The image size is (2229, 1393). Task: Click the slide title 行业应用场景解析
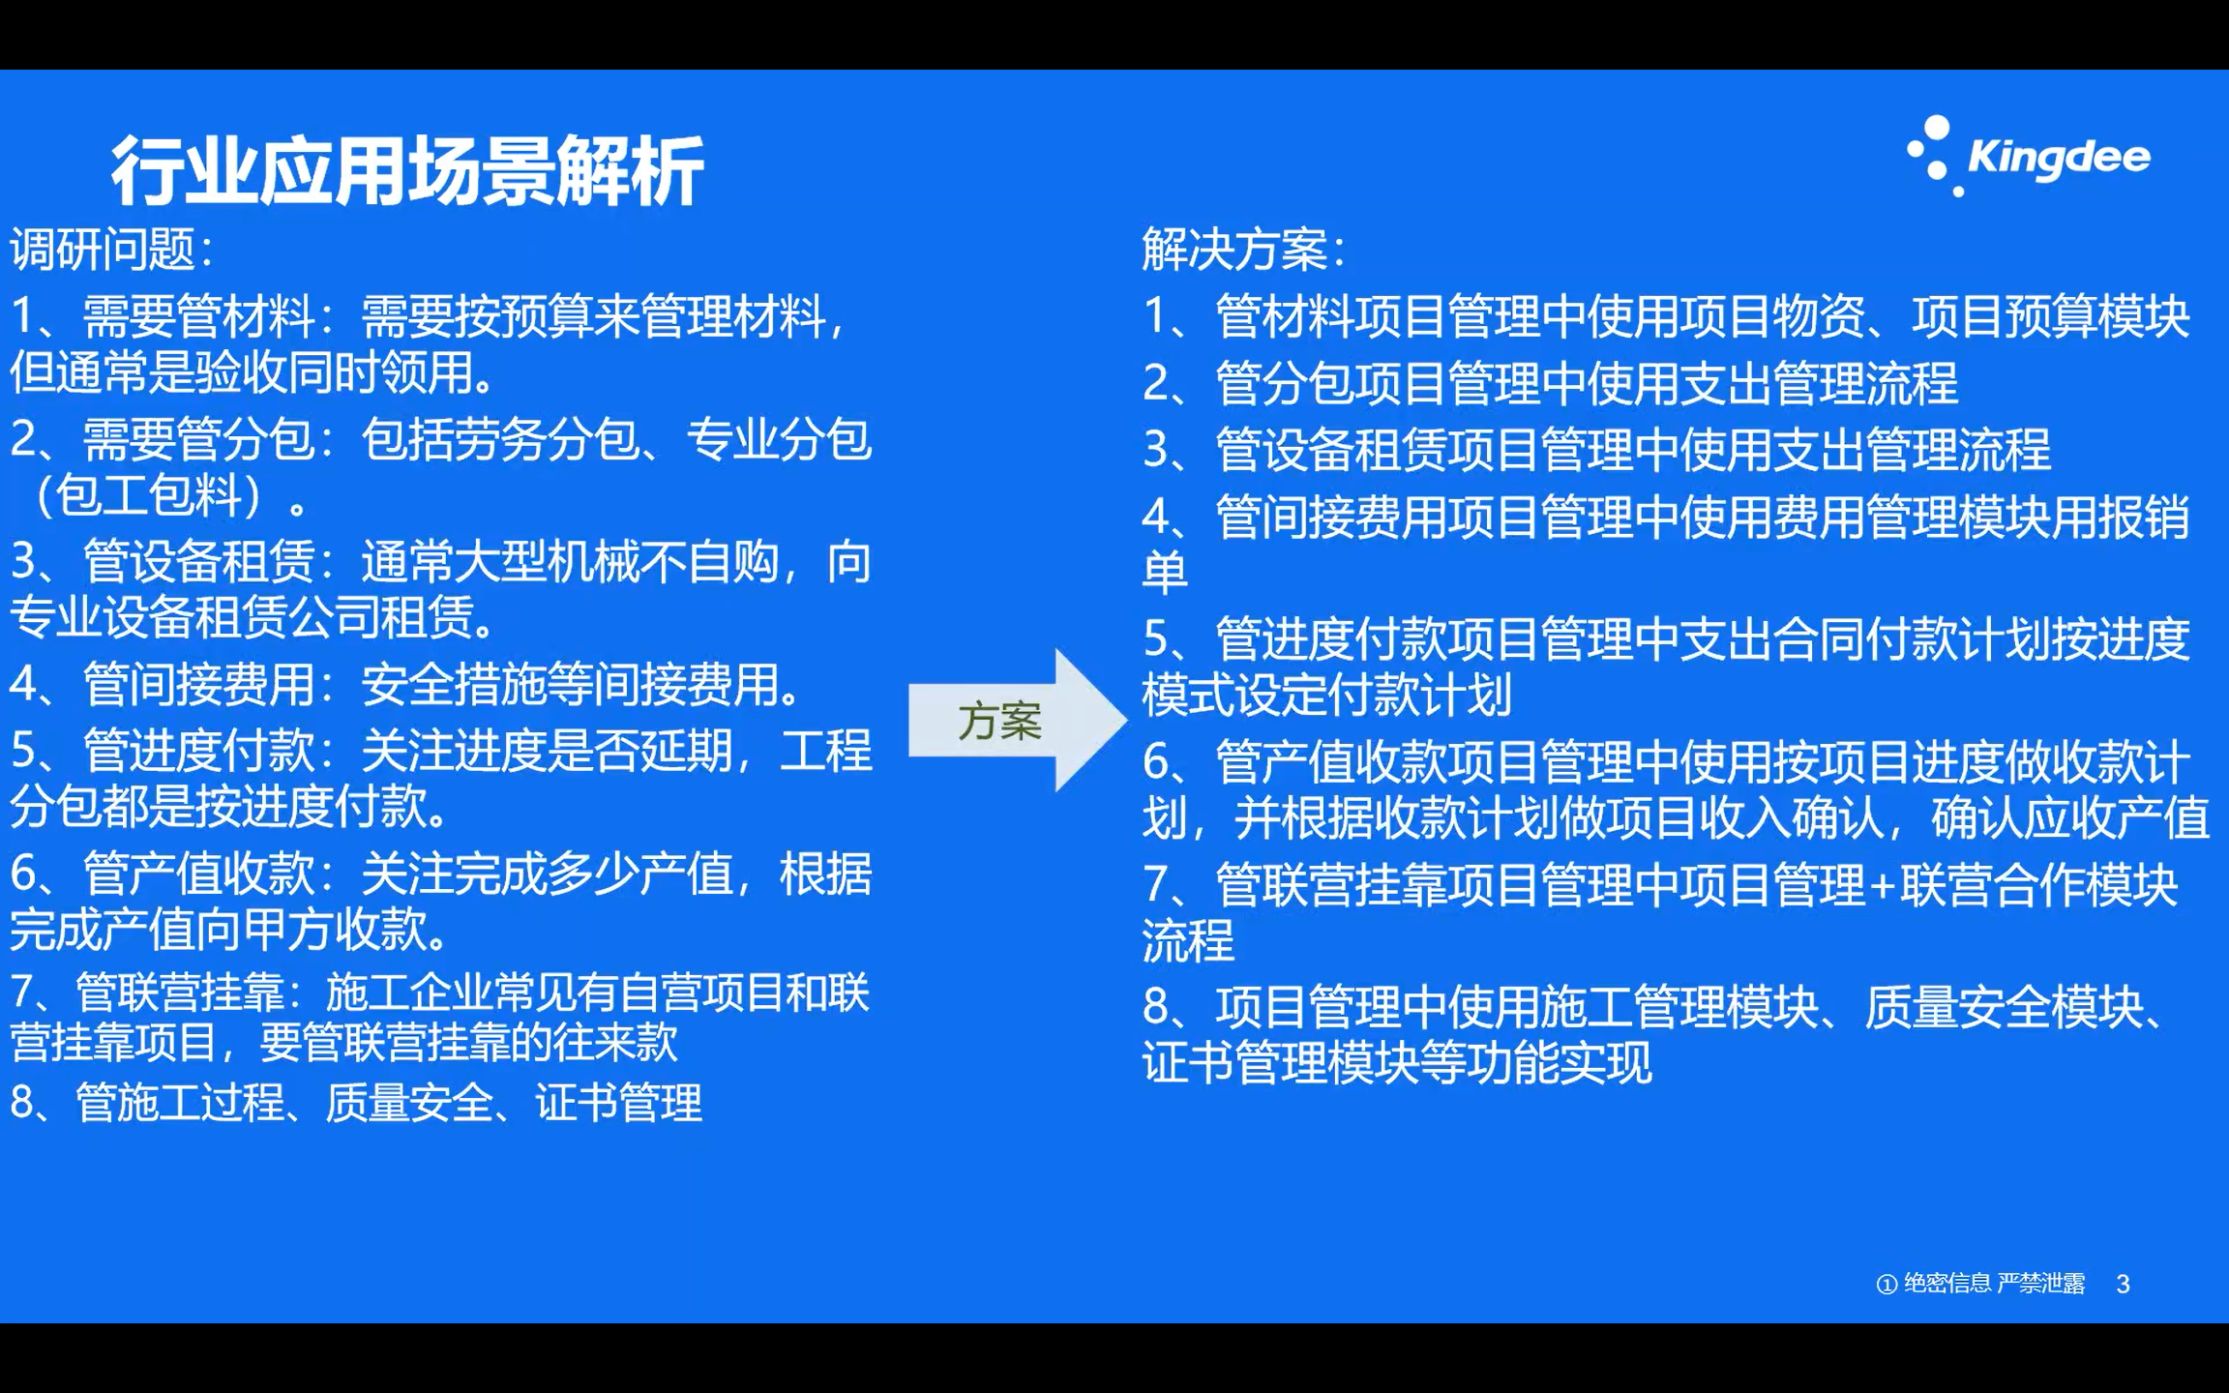pos(406,170)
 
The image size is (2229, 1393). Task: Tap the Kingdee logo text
pos(2058,158)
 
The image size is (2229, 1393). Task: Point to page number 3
pos(2123,1284)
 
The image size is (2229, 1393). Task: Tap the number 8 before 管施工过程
pos(23,1102)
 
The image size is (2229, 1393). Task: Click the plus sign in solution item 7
pos(1881,885)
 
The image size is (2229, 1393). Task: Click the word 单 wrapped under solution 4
pos(1165,573)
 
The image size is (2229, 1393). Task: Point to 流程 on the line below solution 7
pos(1188,940)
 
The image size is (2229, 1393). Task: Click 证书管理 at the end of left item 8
pos(619,1102)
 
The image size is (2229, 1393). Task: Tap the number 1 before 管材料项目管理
pos(1157,316)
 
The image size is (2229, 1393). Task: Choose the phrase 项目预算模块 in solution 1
pos(2051,316)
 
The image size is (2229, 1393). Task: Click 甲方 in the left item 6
pos(287,930)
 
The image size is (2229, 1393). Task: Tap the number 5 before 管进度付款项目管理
pos(1157,639)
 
